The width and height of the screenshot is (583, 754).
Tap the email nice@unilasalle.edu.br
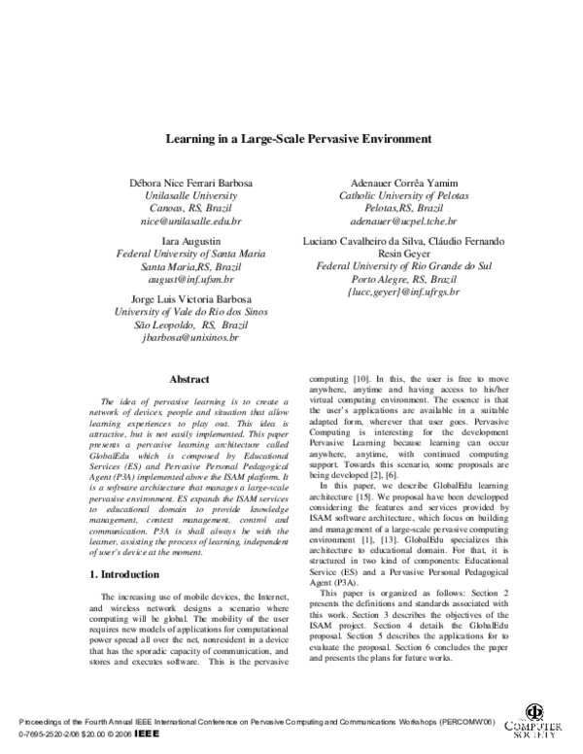[189, 222]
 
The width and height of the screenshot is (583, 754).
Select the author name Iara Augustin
[189, 239]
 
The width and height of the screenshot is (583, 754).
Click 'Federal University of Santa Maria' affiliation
[189, 253]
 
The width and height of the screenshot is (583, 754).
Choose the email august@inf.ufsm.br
[189, 278]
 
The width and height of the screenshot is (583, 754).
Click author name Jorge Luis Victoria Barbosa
[189, 298]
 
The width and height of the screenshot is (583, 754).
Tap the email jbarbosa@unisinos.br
[189, 337]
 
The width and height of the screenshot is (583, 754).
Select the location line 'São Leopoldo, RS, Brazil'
[189, 325]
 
